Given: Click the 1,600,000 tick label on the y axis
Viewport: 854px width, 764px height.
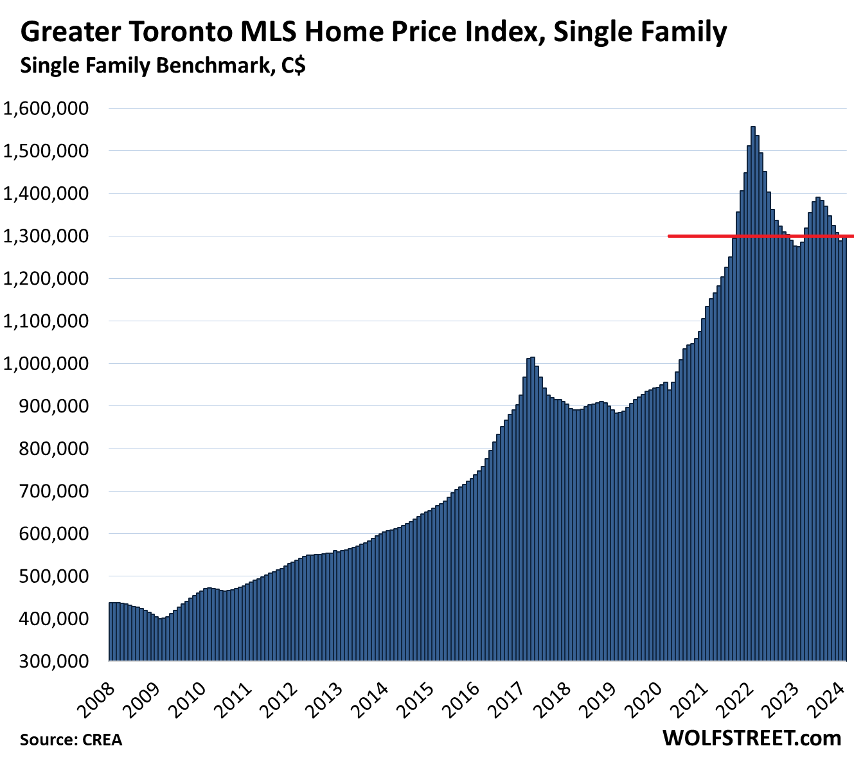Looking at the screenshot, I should [46, 109].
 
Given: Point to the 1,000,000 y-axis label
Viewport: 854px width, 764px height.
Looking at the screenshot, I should [46, 364].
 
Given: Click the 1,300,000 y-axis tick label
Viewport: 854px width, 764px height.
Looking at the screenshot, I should [46, 236].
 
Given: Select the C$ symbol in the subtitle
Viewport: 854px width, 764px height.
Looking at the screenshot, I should [292, 66].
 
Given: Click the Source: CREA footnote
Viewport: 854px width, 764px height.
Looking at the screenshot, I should [71, 740].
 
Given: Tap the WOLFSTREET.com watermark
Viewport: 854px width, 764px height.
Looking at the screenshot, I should [751, 738].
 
